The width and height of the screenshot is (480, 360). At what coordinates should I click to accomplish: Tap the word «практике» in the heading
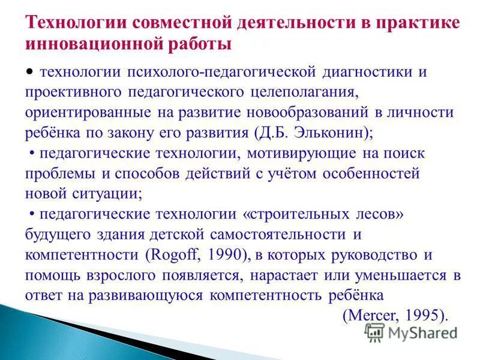[416, 23]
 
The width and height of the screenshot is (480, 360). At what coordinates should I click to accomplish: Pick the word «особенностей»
[375, 174]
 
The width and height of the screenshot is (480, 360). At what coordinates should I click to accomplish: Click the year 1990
[223, 255]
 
